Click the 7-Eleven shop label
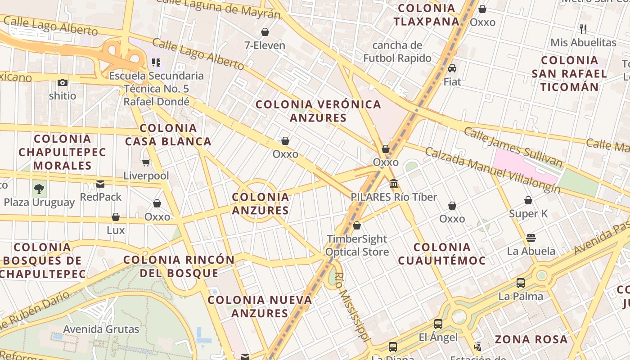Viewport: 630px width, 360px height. click(265, 45)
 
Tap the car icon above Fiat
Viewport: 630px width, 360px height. click(452, 68)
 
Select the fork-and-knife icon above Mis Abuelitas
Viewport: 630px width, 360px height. click(583, 29)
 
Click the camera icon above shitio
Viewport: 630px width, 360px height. click(63, 82)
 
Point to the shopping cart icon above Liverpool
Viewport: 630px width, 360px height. click(146, 162)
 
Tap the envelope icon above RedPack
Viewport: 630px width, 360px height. click(100, 184)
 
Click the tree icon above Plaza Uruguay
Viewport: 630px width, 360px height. click(39, 189)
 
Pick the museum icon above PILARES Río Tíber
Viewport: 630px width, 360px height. click(394, 184)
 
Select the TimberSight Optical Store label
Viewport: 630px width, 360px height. click(357, 245)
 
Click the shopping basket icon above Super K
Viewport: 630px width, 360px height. click(528, 200)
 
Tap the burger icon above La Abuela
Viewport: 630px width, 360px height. click(531, 238)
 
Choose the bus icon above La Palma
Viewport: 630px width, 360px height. click(521, 283)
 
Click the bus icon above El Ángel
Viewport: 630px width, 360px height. click(438, 324)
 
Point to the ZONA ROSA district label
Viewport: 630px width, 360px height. click(531, 339)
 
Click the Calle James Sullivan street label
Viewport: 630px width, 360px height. click(513, 147)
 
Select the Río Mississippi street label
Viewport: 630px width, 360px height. click(353, 307)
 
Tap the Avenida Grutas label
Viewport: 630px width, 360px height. click(101, 329)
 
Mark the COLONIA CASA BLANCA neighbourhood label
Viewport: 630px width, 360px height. click(168, 135)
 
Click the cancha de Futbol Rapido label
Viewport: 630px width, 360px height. click(397, 52)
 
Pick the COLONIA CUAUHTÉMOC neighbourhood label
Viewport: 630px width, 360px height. click(441, 254)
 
